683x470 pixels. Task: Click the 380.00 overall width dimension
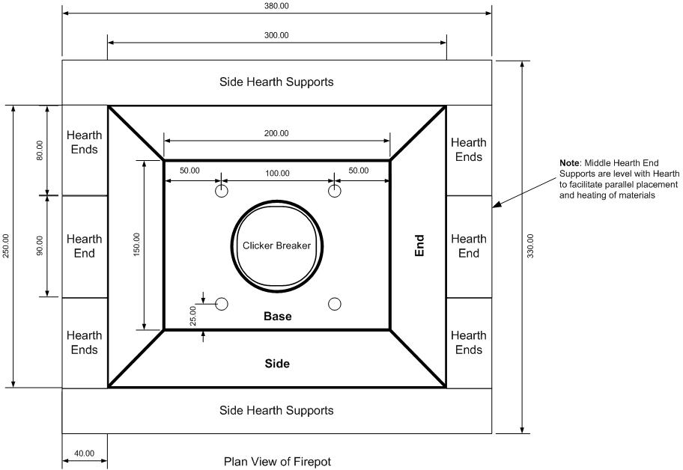click(276, 6)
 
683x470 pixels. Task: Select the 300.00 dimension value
click(276, 35)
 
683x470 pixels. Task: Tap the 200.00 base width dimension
click(276, 133)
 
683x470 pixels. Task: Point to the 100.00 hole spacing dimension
click(277, 173)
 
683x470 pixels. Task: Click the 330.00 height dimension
click(530, 246)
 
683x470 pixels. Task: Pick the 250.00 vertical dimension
click(6, 246)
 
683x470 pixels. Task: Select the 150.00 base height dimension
click(137, 244)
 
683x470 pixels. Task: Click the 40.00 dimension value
click(84, 454)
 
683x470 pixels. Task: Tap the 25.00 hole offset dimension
click(193, 316)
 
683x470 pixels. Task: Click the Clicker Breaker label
click(276, 245)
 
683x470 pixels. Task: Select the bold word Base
click(277, 317)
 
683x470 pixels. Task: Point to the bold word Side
click(277, 364)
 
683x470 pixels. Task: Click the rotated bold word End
click(419, 246)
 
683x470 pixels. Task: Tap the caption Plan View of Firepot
click(277, 462)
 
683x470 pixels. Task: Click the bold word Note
click(570, 163)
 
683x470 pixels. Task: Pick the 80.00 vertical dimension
click(40, 150)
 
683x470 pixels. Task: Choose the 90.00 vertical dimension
click(40, 245)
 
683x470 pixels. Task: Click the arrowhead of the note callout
click(496, 205)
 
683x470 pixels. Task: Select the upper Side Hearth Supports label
click(276, 82)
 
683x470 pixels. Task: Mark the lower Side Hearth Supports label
click(276, 410)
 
